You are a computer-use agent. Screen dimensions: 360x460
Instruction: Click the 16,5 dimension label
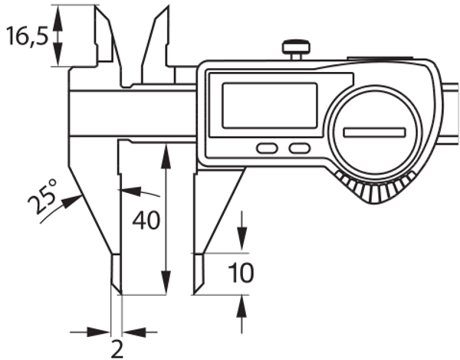[28, 36]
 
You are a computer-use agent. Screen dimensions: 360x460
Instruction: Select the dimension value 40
[146, 221]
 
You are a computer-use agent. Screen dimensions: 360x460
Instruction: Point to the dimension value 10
[242, 273]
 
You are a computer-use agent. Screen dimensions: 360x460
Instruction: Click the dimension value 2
[117, 349]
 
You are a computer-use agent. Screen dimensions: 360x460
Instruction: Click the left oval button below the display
[266, 148]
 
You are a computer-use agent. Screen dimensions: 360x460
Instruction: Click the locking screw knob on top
[294, 49]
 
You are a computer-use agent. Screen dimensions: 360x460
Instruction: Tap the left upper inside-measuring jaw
[103, 38]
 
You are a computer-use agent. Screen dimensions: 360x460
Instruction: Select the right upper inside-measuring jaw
[156, 38]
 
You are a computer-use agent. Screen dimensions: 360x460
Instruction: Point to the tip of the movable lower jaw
[196, 288]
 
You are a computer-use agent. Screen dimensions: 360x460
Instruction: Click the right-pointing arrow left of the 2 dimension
[103, 332]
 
